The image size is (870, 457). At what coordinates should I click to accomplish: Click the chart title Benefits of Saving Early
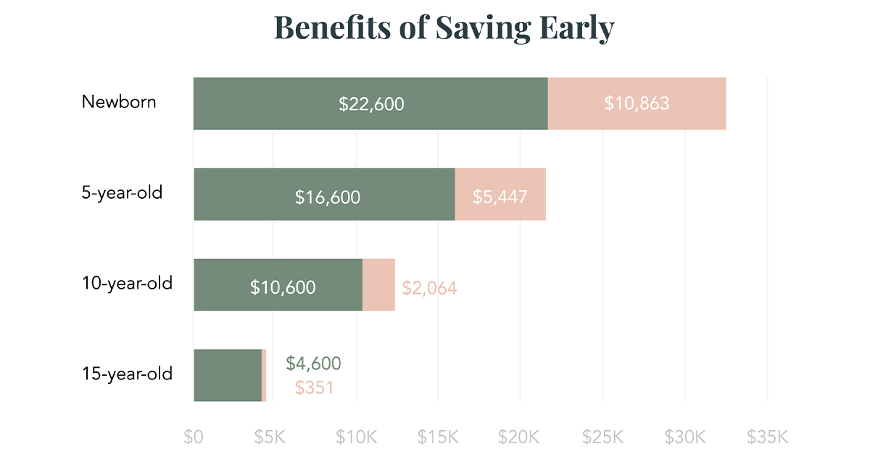pyautogui.click(x=444, y=28)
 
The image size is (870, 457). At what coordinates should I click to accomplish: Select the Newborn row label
pyautogui.click(x=118, y=102)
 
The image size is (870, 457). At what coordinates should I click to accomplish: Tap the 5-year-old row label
pyautogui.click(x=122, y=193)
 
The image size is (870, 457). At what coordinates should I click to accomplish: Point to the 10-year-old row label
pyautogui.click(x=127, y=283)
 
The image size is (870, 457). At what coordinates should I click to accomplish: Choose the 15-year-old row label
pyautogui.click(x=127, y=374)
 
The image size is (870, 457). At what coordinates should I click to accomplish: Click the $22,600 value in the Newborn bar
pyautogui.click(x=371, y=104)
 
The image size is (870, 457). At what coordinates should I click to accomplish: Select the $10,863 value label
pyautogui.click(x=637, y=104)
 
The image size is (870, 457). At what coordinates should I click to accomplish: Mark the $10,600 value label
pyautogui.click(x=283, y=287)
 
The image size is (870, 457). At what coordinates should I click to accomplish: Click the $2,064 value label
pyautogui.click(x=429, y=288)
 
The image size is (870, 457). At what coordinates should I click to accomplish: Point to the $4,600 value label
pyautogui.click(x=313, y=363)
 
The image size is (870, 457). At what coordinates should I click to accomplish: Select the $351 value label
pyautogui.click(x=314, y=387)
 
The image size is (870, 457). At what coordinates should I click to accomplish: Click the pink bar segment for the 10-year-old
pyautogui.click(x=378, y=285)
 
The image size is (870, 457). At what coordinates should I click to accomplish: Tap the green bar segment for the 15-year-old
pyautogui.click(x=227, y=375)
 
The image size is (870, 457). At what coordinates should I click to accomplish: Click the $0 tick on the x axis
pyautogui.click(x=194, y=437)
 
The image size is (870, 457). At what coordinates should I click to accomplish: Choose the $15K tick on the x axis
pyautogui.click(x=438, y=437)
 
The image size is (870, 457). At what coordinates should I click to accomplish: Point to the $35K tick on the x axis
pyautogui.click(x=767, y=437)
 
